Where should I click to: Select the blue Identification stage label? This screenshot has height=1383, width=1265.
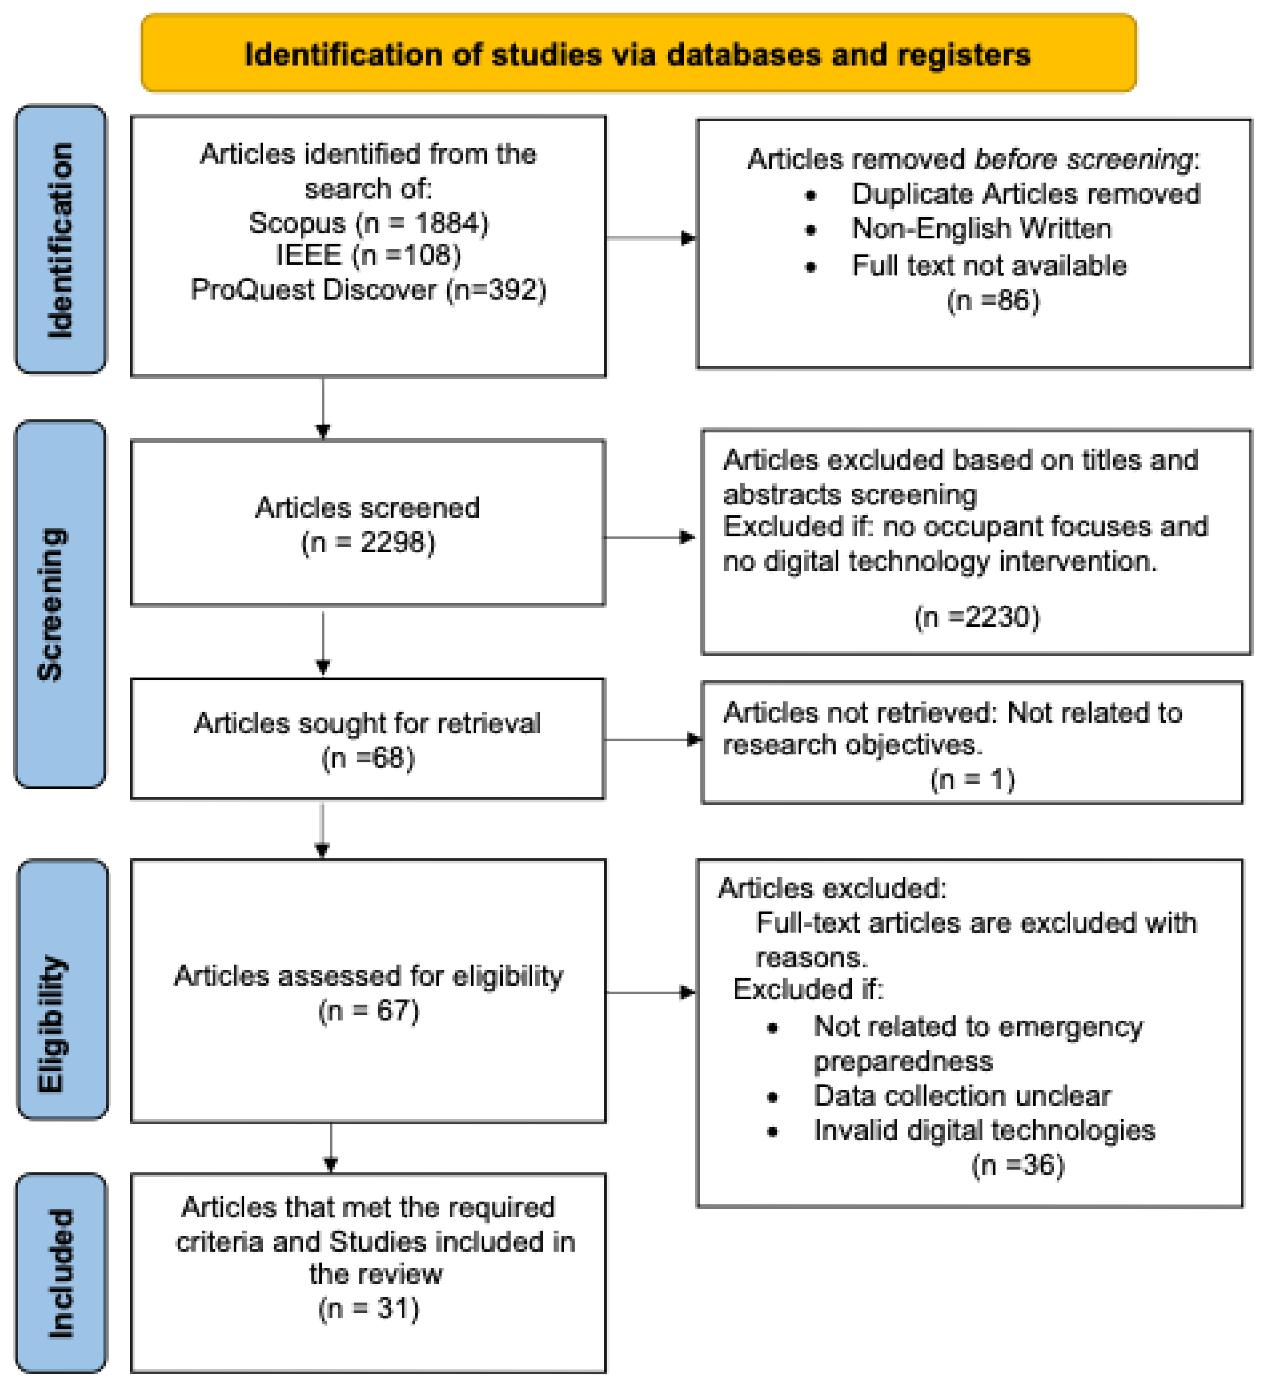click(61, 240)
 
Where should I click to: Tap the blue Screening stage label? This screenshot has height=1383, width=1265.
click(61, 604)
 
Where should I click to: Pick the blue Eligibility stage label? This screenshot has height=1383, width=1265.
click(62, 988)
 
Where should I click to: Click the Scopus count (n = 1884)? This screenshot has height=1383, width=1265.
click(421, 223)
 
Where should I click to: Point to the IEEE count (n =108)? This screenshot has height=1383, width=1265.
click(406, 255)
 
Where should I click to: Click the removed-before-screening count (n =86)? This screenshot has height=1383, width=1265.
click(993, 301)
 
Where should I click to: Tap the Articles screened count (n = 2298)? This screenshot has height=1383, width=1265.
click(368, 543)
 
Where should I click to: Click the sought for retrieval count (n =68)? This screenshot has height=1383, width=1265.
click(368, 758)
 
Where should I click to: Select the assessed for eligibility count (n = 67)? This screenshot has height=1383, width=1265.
click(368, 1011)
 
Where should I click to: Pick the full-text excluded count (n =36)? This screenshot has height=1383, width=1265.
click(1017, 1165)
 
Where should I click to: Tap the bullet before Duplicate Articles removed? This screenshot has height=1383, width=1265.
click(810, 196)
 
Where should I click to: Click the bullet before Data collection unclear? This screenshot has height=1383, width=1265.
click(773, 1098)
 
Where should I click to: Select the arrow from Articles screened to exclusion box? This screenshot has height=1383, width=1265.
click(649, 537)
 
